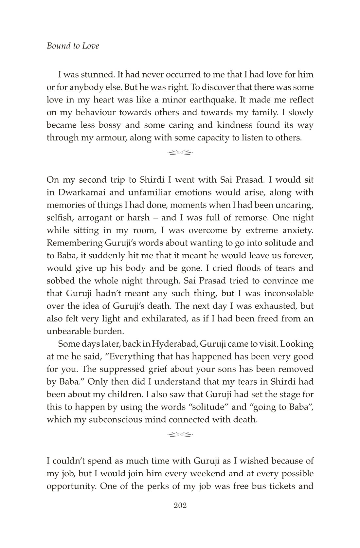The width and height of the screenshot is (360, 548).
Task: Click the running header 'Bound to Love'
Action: coord(73,46)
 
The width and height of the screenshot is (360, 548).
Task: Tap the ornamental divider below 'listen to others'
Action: coord(180,152)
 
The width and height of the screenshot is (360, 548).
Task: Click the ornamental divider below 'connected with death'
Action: coord(180,435)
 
